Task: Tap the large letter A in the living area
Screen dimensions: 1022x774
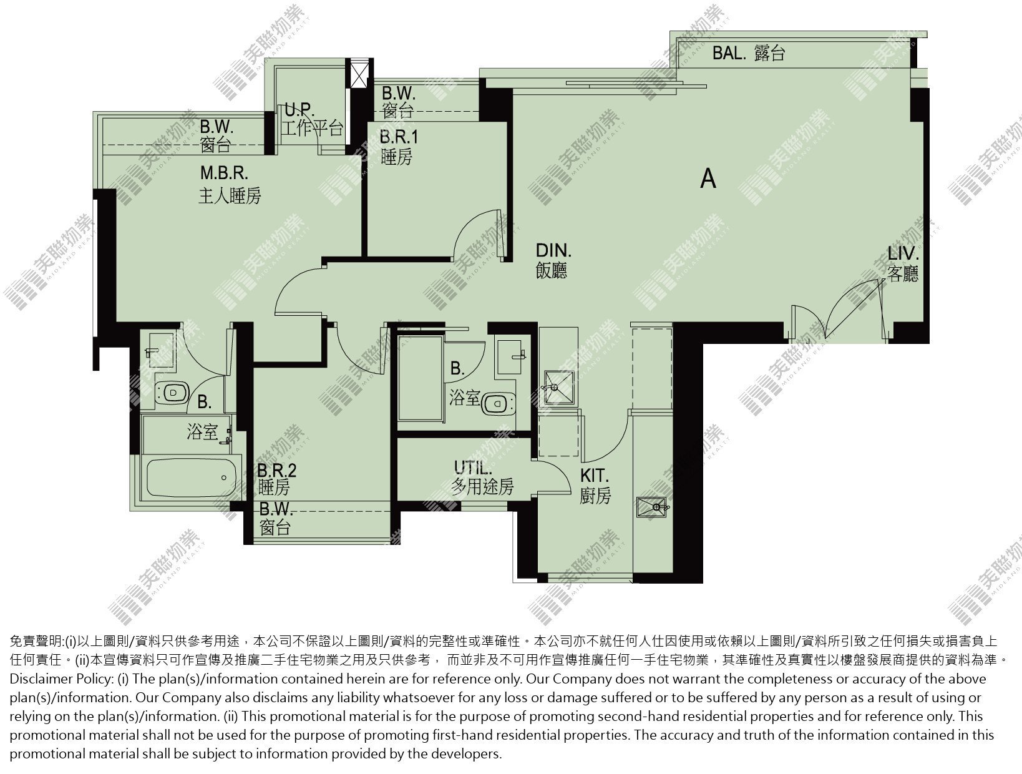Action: point(708,179)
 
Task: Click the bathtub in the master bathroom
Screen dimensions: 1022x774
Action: point(192,478)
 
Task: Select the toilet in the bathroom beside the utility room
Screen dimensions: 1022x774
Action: point(498,404)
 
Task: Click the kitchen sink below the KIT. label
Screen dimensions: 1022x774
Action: point(652,507)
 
